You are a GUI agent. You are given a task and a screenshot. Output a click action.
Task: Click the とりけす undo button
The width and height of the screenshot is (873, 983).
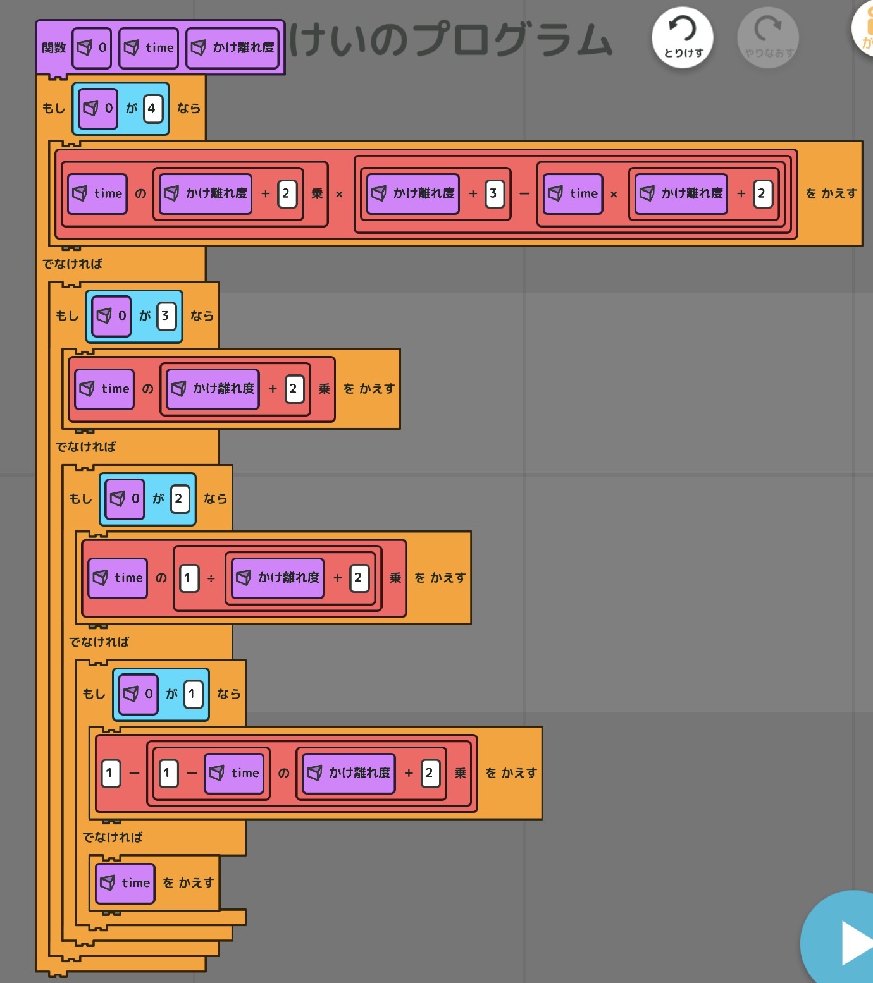pos(683,37)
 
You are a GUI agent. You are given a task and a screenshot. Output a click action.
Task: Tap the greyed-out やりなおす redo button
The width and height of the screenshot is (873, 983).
pos(768,37)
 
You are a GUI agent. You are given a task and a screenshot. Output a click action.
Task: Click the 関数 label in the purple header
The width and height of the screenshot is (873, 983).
pos(54,47)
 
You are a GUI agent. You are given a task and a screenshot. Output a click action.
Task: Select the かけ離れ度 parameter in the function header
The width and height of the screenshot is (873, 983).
pos(233,47)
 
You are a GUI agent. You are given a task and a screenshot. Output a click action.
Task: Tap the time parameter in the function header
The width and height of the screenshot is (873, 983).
pos(149,47)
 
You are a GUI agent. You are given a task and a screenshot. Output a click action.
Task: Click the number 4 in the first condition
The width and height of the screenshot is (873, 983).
pos(152,108)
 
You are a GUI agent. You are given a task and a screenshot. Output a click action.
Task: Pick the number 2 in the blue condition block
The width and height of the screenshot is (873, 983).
pos(180,498)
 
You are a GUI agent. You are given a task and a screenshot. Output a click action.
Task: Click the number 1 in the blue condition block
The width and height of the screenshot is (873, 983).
pos(193,693)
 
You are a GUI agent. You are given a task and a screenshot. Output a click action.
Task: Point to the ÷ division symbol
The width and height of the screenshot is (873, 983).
pos(211,578)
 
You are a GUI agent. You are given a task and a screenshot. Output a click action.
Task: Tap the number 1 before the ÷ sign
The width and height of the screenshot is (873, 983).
pos(189,578)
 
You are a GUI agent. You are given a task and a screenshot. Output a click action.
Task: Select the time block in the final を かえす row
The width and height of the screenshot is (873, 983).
pos(125,883)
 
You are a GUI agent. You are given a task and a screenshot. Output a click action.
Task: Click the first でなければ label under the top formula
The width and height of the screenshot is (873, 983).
pos(72,264)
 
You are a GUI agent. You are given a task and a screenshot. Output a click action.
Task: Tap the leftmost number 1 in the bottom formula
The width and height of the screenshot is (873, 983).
pos(111,772)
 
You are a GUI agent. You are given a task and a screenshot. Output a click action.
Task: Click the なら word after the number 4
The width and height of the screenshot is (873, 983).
pos(189,108)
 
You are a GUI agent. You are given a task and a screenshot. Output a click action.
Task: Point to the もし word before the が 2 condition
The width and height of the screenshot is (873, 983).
pos(80,498)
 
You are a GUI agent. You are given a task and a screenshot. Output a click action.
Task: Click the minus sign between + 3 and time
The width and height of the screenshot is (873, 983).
pos(524,193)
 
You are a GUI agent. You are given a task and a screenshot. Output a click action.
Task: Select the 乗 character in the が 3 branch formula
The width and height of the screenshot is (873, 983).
pos(325,389)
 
